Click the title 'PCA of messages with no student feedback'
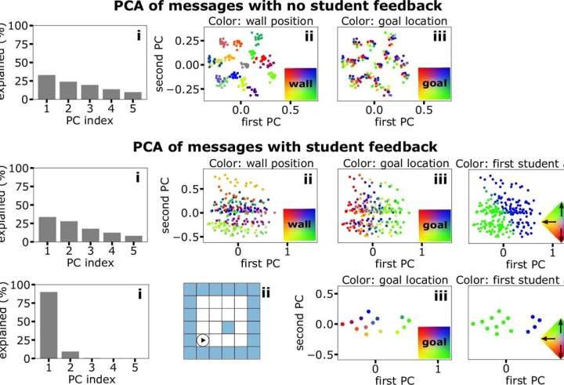tap(281, 9)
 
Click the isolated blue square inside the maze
tap(227, 325)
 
